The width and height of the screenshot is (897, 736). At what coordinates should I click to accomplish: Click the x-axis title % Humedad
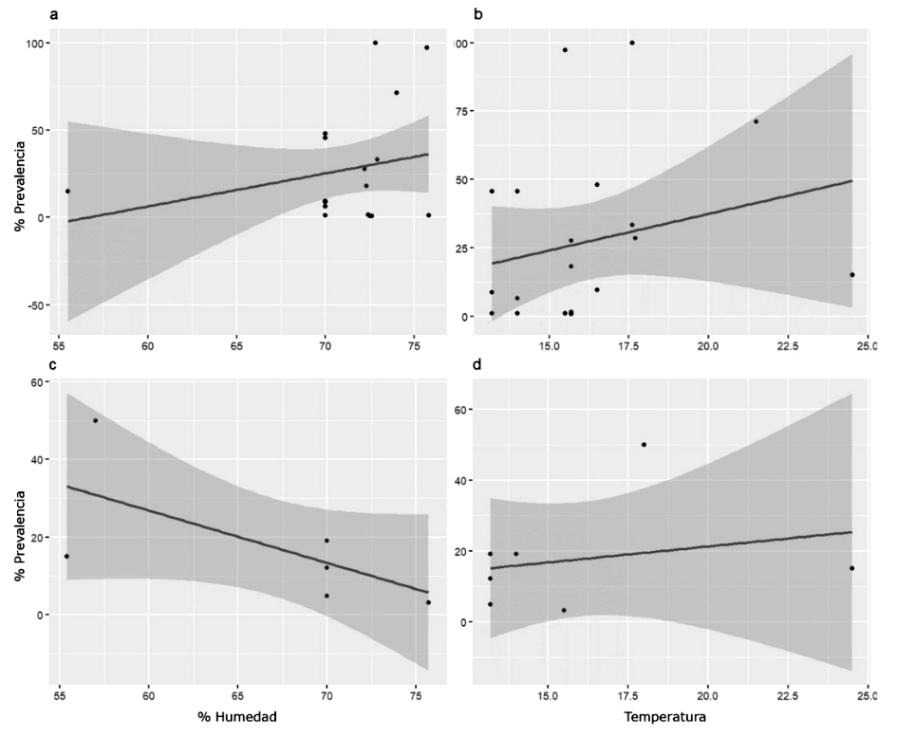click(236, 717)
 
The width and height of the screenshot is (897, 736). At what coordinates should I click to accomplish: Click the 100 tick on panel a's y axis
click(33, 44)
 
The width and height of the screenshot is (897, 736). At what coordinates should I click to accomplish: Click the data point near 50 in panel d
click(644, 444)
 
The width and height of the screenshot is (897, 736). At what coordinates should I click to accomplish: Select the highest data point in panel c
click(95, 420)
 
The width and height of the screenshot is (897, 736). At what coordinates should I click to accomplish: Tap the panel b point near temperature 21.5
click(756, 121)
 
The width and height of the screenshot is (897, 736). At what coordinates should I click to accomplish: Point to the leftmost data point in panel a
click(67, 191)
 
